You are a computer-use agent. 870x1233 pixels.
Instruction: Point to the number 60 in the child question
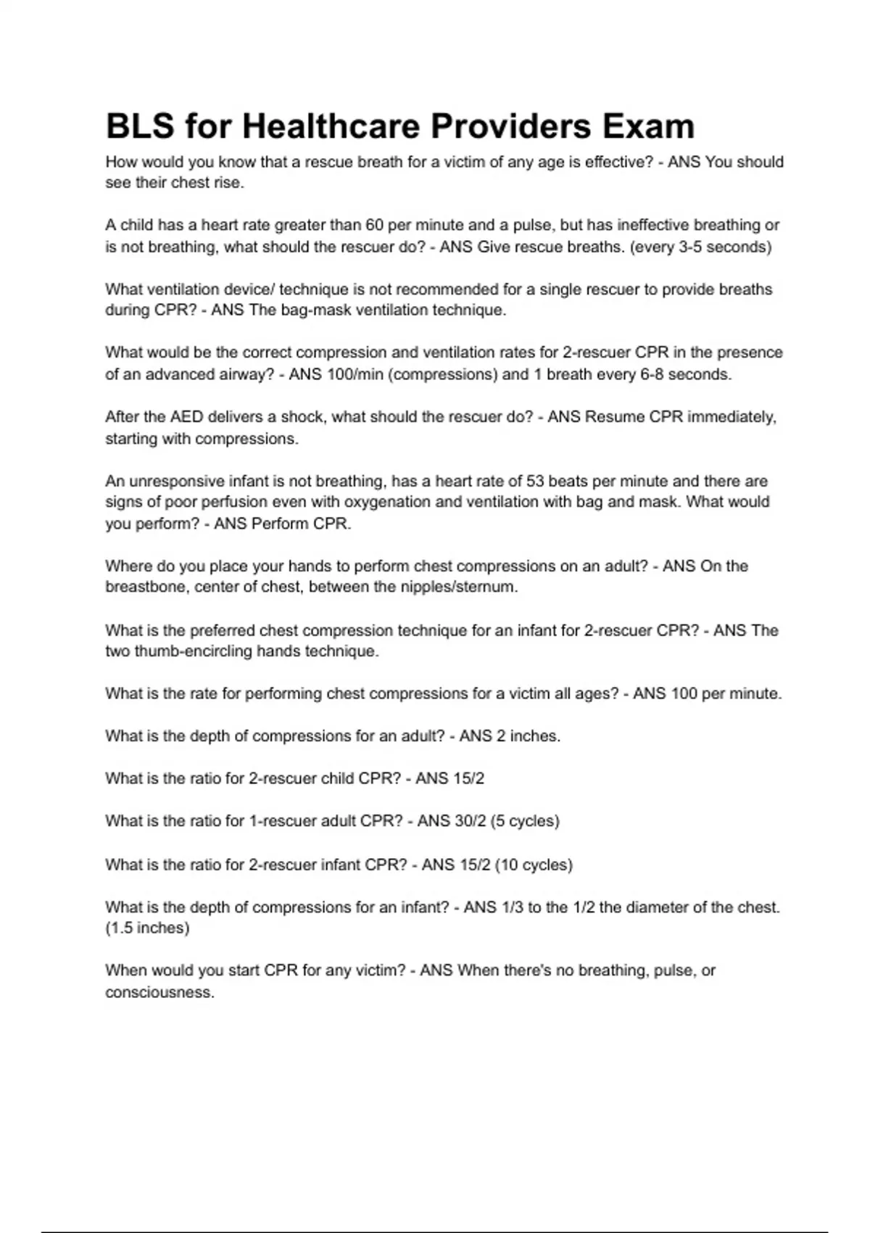[374, 225]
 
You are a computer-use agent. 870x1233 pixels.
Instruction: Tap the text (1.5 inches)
[147, 928]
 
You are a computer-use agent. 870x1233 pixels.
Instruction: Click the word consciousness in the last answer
[159, 992]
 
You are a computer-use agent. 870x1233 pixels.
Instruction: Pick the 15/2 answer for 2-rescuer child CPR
[468, 778]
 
